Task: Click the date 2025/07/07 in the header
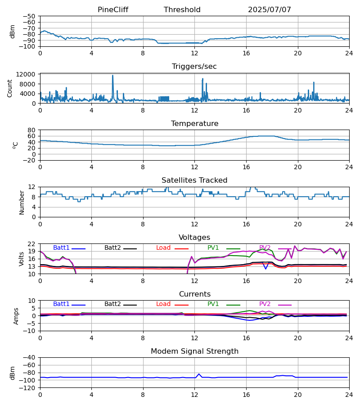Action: pos(269,10)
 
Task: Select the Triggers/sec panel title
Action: pos(194,67)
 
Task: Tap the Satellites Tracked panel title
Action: pos(194,180)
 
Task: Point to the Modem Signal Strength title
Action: pos(194,351)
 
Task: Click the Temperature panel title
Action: pos(194,124)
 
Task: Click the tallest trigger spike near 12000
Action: pos(113,76)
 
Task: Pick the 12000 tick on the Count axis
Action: pos(28,74)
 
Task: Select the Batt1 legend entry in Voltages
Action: pos(61,248)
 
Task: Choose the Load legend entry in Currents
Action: pos(163,304)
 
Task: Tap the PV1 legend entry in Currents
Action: pos(213,304)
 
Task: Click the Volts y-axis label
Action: pos(22,259)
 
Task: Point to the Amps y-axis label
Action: pos(17,316)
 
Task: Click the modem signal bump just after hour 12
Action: pos(199,374)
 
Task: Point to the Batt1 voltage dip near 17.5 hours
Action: pos(265,269)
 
